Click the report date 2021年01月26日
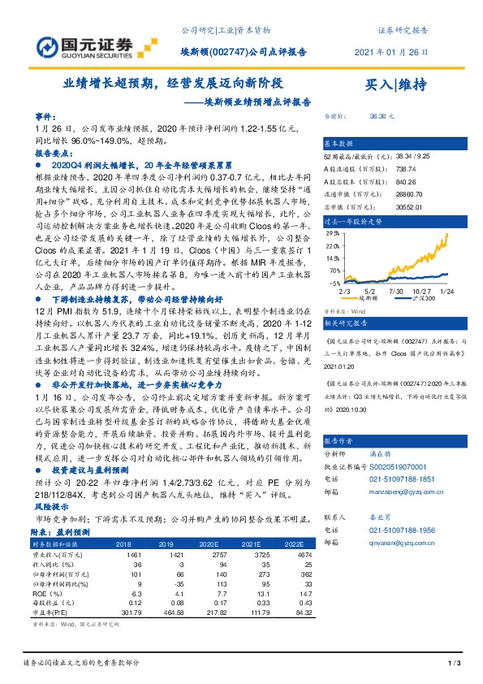click(392, 51)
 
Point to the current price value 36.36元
click(382, 116)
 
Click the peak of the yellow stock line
click(447, 235)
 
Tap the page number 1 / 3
click(454, 665)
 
